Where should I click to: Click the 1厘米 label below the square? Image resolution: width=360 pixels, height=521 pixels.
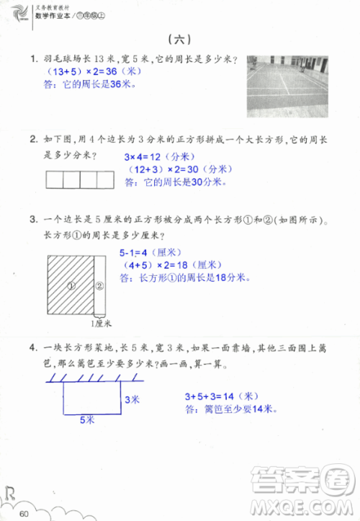pos(104,324)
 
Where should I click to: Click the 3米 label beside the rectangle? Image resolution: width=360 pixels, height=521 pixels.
pos(132,398)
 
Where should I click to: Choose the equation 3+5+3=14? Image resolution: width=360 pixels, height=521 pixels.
pos(220,396)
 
